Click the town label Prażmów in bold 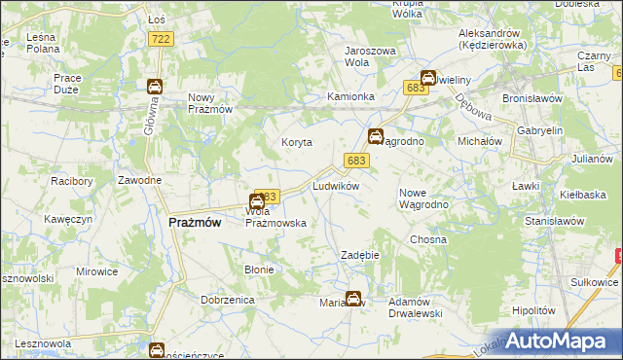coord(195,222)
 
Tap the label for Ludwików coord(336,185)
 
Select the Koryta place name coord(296,142)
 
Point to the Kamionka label coord(350,97)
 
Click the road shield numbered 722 coord(162,38)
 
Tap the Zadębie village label coord(359,255)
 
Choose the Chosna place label coord(427,238)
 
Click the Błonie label coord(259,270)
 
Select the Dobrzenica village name coord(228,300)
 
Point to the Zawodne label coord(139,181)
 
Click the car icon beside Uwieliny coord(427,79)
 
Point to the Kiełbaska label coord(583,195)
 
